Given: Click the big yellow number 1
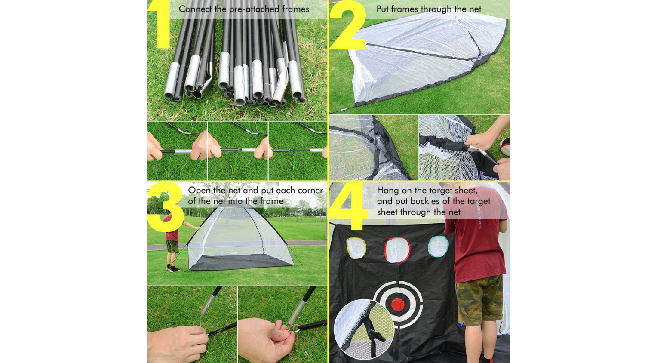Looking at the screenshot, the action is click(x=160, y=25).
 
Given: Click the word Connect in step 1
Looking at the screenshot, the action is click(x=196, y=9).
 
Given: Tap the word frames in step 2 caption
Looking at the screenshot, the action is click(x=405, y=9).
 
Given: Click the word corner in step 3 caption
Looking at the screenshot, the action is click(x=310, y=191).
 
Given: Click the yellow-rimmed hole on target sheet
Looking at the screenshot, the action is click(x=356, y=248).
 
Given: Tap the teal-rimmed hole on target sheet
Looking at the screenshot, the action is click(x=438, y=246).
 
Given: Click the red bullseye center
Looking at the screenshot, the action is click(x=398, y=305).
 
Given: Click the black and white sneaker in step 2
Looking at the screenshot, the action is click(x=505, y=147).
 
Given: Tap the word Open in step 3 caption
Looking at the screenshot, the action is click(x=199, y=191).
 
